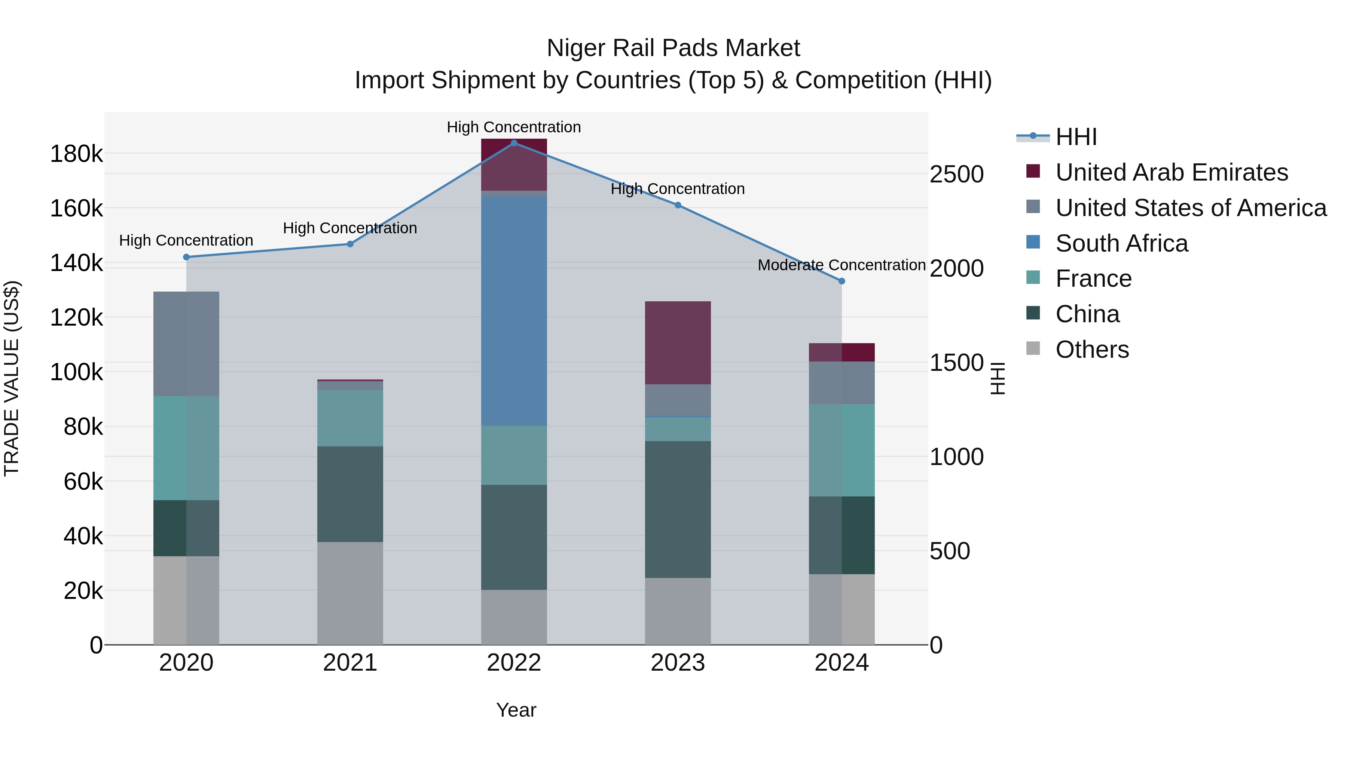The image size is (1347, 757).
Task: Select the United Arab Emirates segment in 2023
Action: point(677,343)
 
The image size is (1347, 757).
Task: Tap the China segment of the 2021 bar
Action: point(350,494)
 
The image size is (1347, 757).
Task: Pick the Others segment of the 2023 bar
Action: point(677,611)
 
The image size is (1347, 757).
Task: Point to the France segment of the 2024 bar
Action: point(842,450)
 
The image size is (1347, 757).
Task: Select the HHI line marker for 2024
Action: point(842,281)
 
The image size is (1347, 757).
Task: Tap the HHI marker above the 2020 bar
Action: point(186,257)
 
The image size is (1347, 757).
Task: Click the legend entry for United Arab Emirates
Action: point(1171,172)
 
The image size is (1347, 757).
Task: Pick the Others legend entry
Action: point(1092,350)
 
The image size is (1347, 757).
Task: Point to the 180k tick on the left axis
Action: point(76,154)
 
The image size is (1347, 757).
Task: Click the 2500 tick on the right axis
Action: point(956,175)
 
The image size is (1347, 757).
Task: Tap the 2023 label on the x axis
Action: point(677,663)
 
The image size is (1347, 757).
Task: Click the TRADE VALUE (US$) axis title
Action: point(12,378)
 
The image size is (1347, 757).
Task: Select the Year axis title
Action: point(516,710)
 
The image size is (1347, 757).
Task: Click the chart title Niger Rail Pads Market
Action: point(673,48)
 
